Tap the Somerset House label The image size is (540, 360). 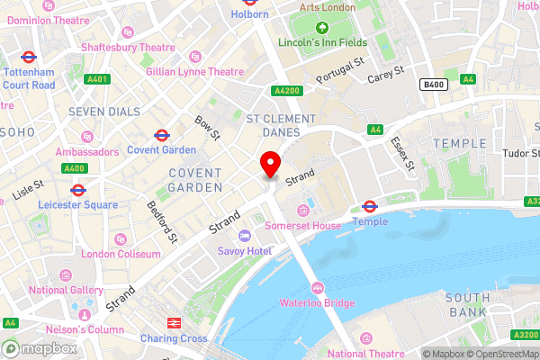(302, 225)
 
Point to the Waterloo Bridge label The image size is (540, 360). (317, 303)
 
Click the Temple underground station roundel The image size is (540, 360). (370, 206)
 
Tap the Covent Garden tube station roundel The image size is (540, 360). (161, 135)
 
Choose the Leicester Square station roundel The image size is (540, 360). (77, 190)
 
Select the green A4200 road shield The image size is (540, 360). (284, 91)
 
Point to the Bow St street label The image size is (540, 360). (208, 127)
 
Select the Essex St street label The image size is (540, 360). (401, 154)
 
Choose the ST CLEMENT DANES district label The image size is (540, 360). (281, 125)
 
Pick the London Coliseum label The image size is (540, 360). (121, 254)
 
